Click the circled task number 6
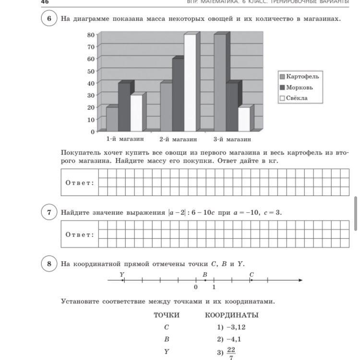click(49, 19)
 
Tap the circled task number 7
click(49, 212)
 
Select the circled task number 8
click(49, 264)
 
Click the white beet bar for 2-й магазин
click(190, 83)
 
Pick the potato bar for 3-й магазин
click(220, 83)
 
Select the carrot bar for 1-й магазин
click(124, 107)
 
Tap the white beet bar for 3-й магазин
click(244, 119)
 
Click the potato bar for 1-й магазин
click(112, 119)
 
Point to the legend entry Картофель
click(302, 76)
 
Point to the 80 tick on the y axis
click(91, 35)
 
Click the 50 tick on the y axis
click(91, 71)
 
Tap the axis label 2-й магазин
click(178, 139)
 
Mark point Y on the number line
click(123, 280)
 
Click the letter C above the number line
click(252, 274)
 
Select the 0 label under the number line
click(196, 288)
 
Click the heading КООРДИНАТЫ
click(231, 315)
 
